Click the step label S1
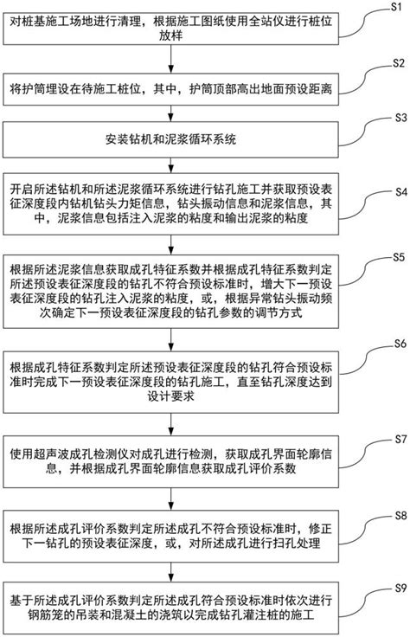pos(396,8)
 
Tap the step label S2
pos(396,63)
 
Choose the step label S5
pos(396,257)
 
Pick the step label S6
pos(396,344)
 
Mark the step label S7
pos(396,439)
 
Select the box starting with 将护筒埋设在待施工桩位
pos(181,87)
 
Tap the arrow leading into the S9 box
pos(182,576)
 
